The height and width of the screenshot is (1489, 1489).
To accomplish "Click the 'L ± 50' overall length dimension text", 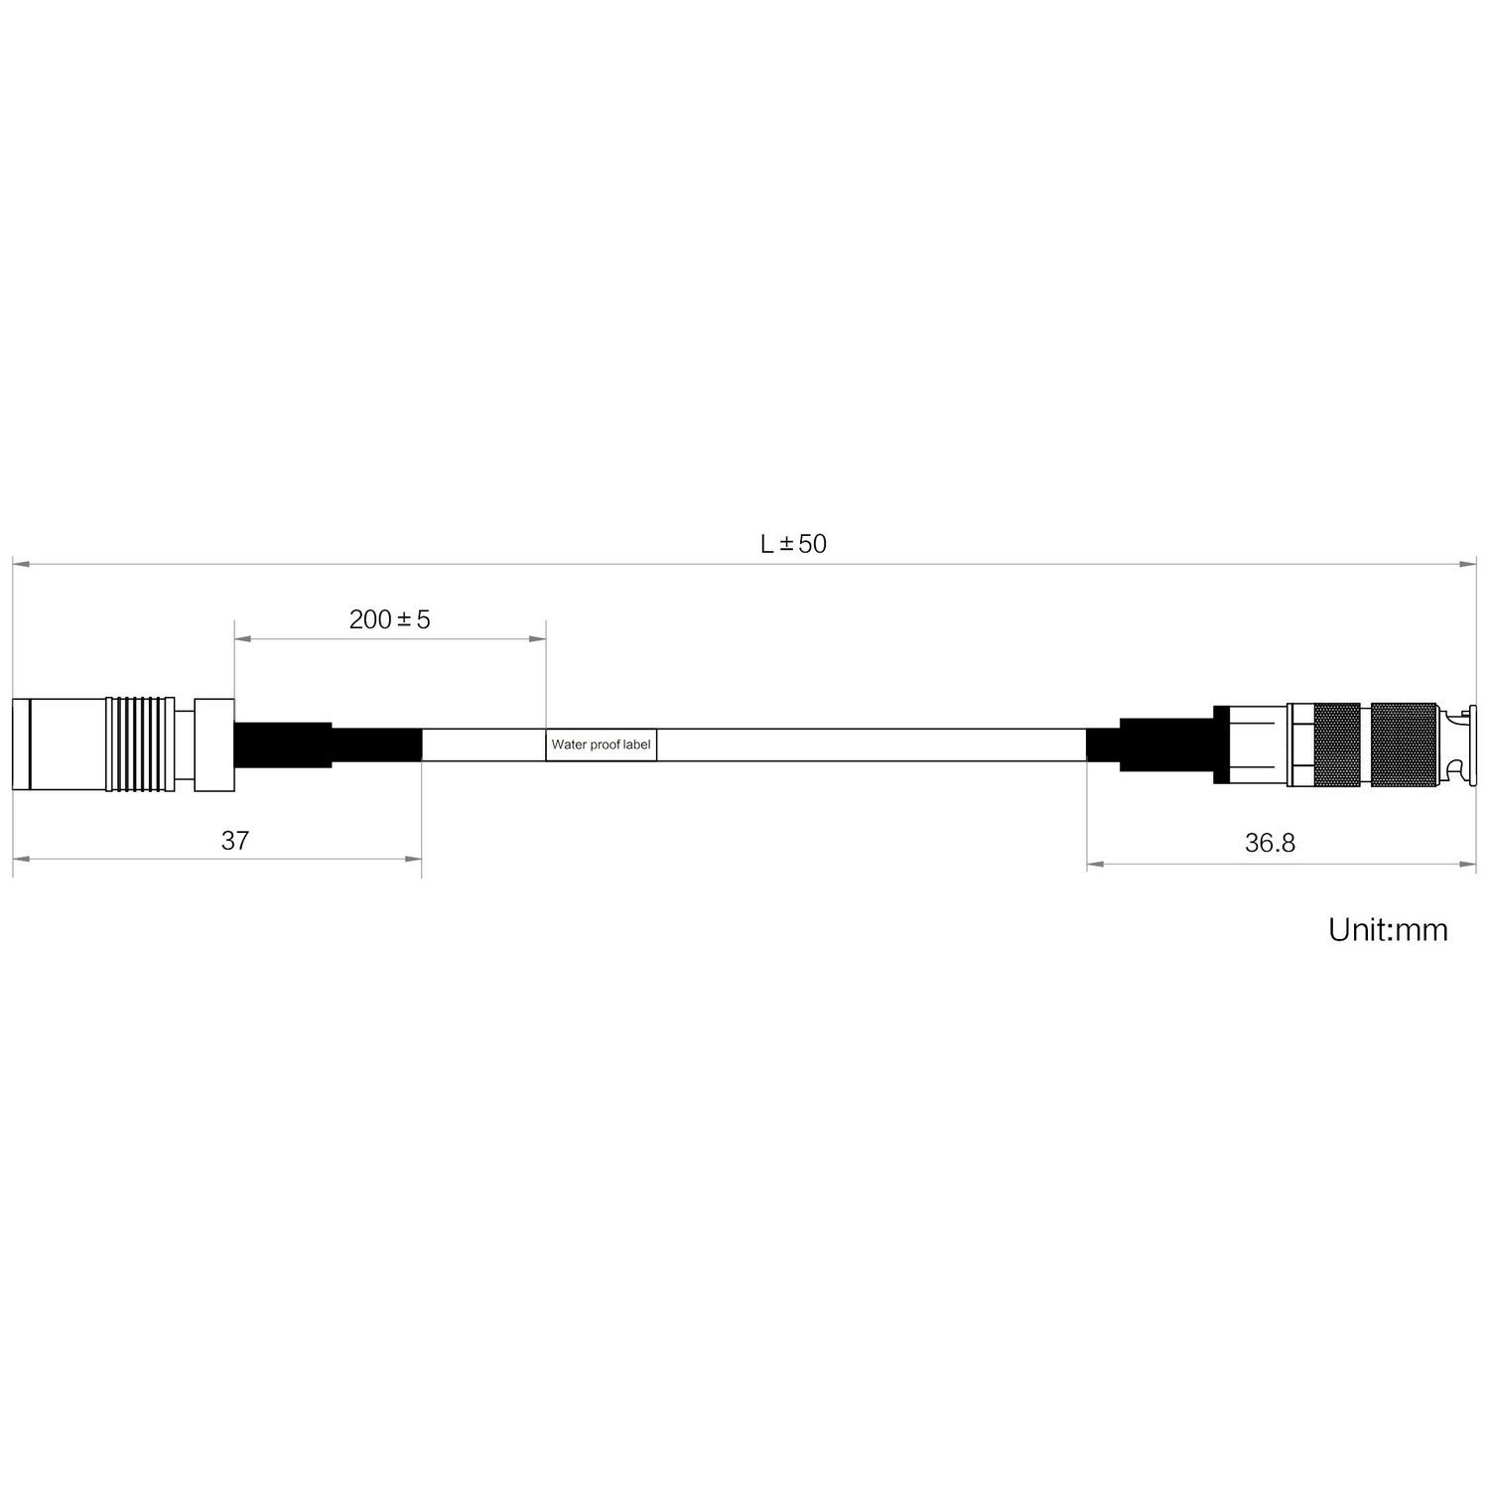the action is [x=793, y=544].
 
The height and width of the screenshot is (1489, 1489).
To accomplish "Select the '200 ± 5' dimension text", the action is [x=389, y=620].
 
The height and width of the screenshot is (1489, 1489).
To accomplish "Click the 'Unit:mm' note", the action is [x=1388, y=930].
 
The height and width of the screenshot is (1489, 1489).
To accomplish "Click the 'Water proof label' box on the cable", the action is [x=601, y=744].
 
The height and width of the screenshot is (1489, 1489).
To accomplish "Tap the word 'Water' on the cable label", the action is [x=569, y=744].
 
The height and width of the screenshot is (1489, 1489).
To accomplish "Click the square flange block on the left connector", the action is [x=213, y=744].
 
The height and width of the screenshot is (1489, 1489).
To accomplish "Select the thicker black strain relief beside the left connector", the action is [x=282, y=744].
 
